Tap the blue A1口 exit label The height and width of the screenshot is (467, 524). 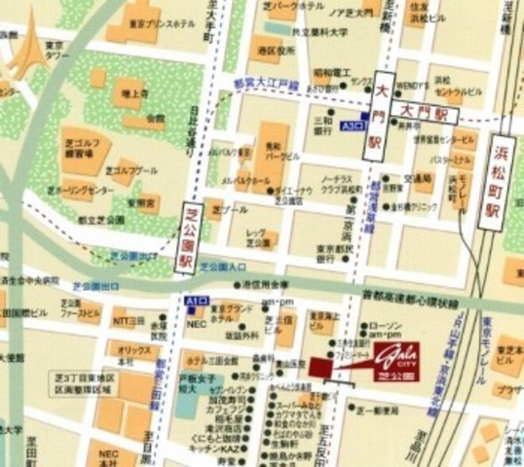(196, 303)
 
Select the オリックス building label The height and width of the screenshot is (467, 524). (133, 350)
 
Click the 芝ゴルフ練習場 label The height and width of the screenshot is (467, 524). (80, 146)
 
